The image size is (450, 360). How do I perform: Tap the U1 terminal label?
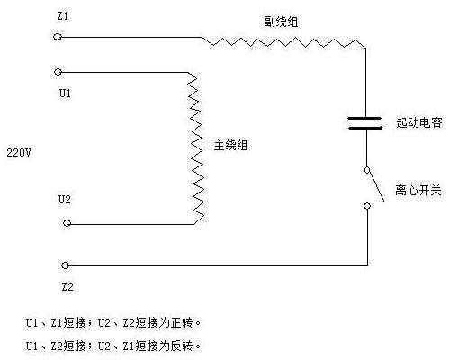(x=65, y=92)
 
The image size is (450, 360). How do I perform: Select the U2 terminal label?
(x=64, y=199)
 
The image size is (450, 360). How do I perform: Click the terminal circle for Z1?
(x=58, y=37)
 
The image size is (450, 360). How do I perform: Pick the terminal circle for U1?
(x=58, y=71)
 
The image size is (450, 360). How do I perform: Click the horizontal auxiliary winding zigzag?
(x=283, y=40)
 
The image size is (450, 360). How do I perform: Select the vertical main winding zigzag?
(x=194, y=146)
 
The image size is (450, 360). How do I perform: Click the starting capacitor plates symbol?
(x=366, y=121)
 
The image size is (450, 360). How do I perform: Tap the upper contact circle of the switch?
(x=366, y=169)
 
